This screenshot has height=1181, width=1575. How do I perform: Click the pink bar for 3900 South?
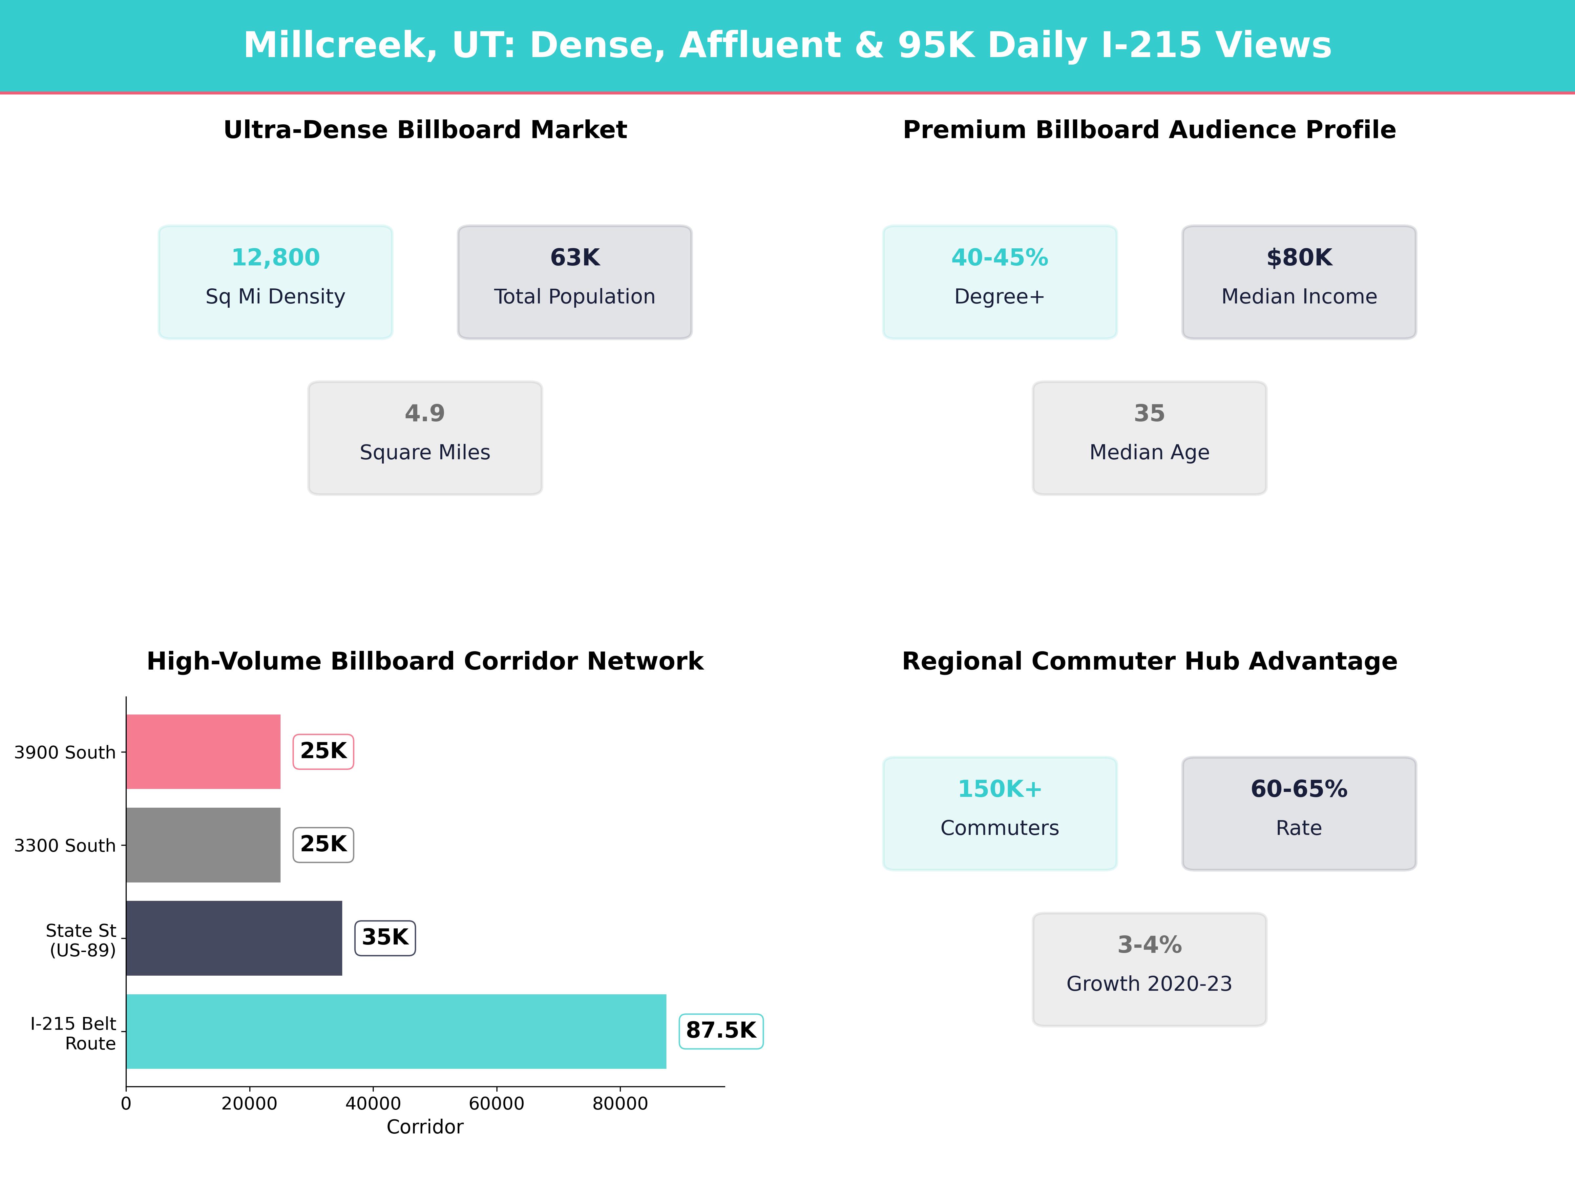point(203,752)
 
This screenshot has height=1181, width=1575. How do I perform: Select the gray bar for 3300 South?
point(203,845)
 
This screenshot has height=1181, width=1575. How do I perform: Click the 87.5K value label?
point(721,1031)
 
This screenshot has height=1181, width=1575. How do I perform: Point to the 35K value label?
point(385,938)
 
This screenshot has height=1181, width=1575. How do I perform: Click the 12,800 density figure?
point(276,258)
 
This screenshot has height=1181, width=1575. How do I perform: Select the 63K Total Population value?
point(575,258)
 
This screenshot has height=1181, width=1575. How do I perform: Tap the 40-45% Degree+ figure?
point(1000,258)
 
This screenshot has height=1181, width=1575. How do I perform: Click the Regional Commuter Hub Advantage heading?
point(1149,661)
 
